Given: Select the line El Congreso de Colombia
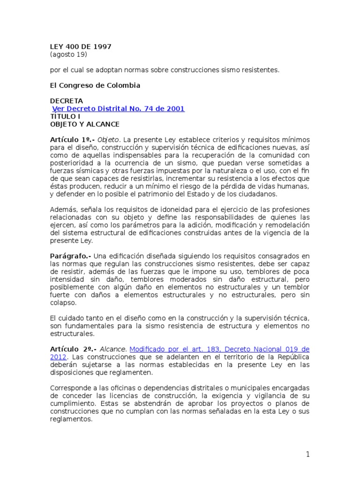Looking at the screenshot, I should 95,86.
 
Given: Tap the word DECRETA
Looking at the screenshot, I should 67,101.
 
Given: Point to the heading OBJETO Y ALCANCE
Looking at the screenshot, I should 85,124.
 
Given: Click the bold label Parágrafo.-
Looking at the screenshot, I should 70,256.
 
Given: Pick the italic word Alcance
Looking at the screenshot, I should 114,349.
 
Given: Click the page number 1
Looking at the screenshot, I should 308,454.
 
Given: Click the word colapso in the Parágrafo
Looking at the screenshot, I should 62,303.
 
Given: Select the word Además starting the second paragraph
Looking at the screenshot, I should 62,210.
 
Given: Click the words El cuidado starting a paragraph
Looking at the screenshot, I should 66,318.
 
